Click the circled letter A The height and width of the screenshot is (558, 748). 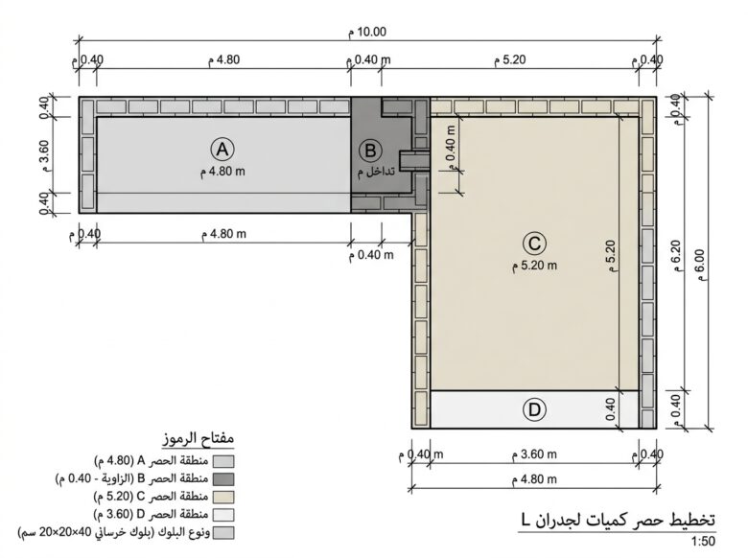tap(222, 150)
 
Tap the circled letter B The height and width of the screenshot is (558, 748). tap(370, 151)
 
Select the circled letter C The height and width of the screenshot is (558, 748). tap(534, 244)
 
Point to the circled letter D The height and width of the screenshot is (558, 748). tap(534, 409)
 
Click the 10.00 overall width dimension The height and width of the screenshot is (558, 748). tap(367, 32)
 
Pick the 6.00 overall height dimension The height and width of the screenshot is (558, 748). tap(700, 266)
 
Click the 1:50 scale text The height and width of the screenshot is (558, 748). tap(703, 542)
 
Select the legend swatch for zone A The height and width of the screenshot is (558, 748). tap(223, 461)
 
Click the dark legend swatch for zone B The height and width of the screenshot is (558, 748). tap(223, 479)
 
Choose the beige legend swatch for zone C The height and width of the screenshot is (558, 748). tap(223, 497)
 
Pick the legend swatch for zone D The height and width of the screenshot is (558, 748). tap(223, 515)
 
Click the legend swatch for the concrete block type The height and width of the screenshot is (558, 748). tap(223, 533)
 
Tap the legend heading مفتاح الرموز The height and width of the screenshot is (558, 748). tap(198, 438)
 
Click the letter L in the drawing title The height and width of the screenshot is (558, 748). tap(526, 520)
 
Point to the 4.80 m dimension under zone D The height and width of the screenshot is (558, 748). tap(534, 478)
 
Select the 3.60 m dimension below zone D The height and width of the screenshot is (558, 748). tap(534, 454)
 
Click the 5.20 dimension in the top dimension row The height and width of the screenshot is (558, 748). tap(509, 59)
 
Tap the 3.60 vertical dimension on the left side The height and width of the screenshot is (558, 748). tap(43, 155)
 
